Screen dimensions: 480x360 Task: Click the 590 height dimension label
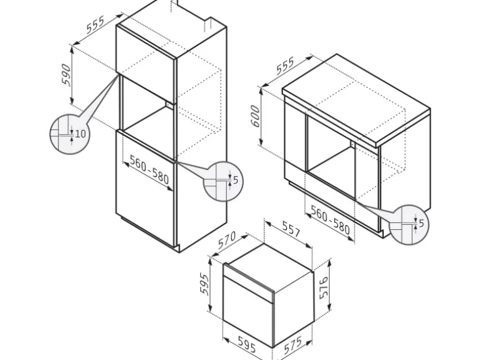(x=66, y=74)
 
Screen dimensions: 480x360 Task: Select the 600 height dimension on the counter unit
(x=255, y=116)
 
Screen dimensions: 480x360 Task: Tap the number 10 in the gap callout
(x=80, y=134)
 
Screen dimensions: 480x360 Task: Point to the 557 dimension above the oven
(x=291, y=230)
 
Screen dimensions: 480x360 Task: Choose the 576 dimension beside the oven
(x=324, y=288)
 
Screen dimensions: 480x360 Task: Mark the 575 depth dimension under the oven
(x=292, y=345)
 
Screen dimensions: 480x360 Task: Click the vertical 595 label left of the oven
(x=204, y=284)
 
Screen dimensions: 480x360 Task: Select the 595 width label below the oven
(x=247, y=344)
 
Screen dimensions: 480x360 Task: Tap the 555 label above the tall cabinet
(x=95, y=24)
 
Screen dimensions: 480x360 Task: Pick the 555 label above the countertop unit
(x=285, y=66)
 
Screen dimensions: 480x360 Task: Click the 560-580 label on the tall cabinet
(x=150, y=169)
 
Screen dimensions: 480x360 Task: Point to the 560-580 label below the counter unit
(x=330, y=220)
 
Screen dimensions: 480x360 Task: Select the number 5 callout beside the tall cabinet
(x=236, y=180)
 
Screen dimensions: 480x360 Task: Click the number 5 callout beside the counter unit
(x=421, y=224)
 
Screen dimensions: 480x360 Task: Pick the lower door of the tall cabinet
(x=145, y=188)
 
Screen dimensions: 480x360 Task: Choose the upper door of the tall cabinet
(x=146, y=64)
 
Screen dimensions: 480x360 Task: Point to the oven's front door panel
(x=248, y=310)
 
